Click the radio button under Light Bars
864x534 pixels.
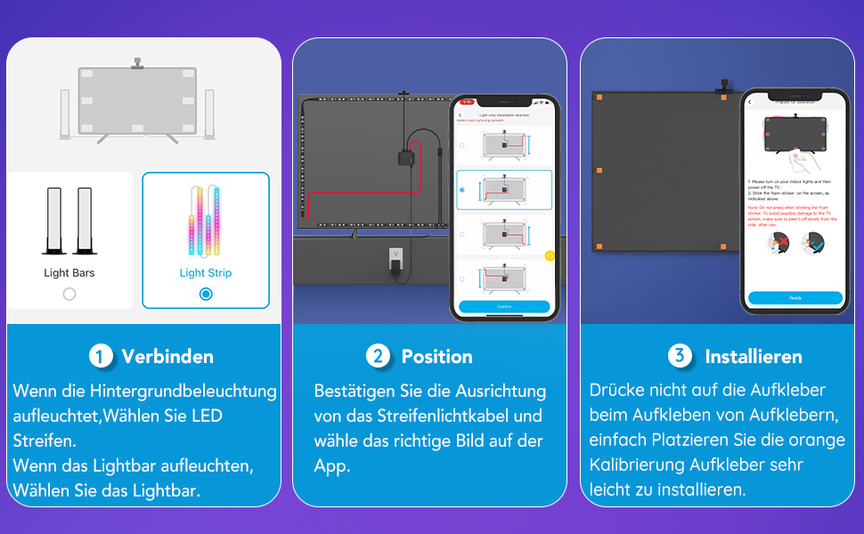(69, 294)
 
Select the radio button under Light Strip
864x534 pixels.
(206, 294)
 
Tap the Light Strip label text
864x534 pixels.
(206, 273)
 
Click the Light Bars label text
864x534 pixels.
(69, 273)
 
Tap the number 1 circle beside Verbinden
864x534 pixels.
(101, 356)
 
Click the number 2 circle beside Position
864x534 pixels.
(379, 356)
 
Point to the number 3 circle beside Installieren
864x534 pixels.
(681, 356)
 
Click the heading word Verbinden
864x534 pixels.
(167, 357)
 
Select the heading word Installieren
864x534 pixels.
(754, 357)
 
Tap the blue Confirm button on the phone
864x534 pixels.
(504, 306)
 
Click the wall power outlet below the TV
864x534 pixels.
(396, 260)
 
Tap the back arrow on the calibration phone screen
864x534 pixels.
(752, 103)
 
